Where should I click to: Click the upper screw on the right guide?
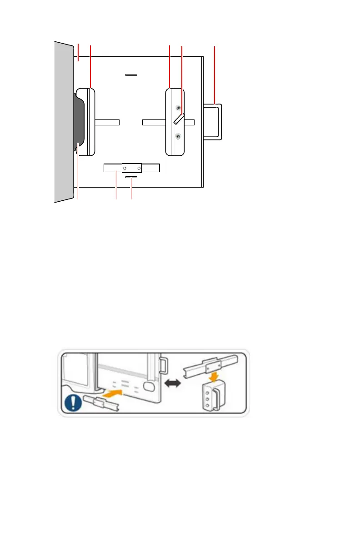click(178, 108)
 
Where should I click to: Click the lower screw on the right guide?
click(178, 136)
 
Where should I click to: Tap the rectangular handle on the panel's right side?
click(213, 121)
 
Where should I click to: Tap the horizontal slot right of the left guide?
click(107, 122)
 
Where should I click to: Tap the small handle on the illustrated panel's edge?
click(164, 364)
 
